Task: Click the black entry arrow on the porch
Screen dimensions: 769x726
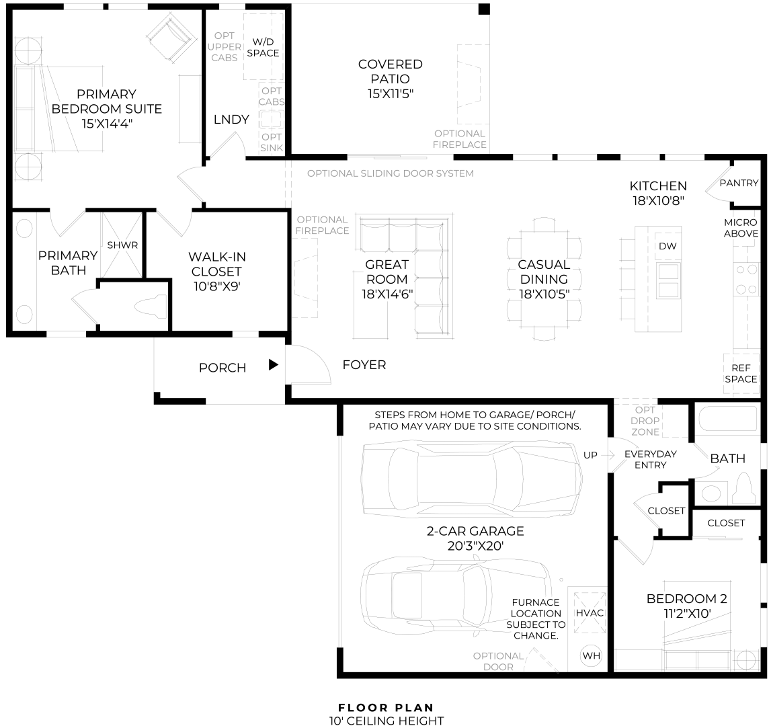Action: click(273, 364)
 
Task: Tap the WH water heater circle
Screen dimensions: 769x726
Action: click(591, 655)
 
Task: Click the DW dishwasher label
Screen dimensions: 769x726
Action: click(667, 246)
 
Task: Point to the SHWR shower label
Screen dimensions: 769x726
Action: click(122, 245)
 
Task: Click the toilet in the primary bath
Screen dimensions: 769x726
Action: click(151, 307)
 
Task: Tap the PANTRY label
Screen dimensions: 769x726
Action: click(739, 183)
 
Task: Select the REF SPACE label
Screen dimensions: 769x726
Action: click(741, 373)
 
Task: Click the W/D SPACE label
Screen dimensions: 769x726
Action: click(263, 48)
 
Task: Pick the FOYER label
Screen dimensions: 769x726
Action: click(364, 365)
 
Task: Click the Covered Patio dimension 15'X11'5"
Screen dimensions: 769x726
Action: click(391, 93)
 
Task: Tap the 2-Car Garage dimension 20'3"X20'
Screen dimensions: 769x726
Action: click(476, 546)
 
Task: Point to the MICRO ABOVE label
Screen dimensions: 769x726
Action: click(741, 228)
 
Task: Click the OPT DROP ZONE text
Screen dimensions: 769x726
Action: click(645, 421)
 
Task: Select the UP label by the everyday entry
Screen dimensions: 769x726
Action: click(590, 455)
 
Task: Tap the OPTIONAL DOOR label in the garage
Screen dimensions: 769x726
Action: click(498, 661)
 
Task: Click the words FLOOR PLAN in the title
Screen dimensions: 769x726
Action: click(386, 708)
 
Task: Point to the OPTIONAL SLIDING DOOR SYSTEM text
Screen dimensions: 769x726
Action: click(391, 173)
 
